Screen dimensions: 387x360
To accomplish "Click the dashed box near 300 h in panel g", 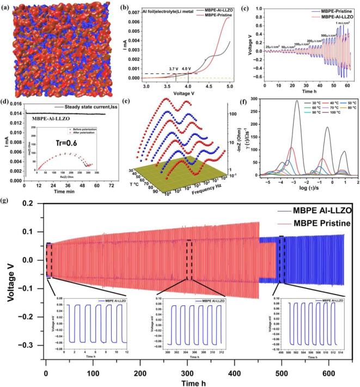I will click(x=189, y=260).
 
